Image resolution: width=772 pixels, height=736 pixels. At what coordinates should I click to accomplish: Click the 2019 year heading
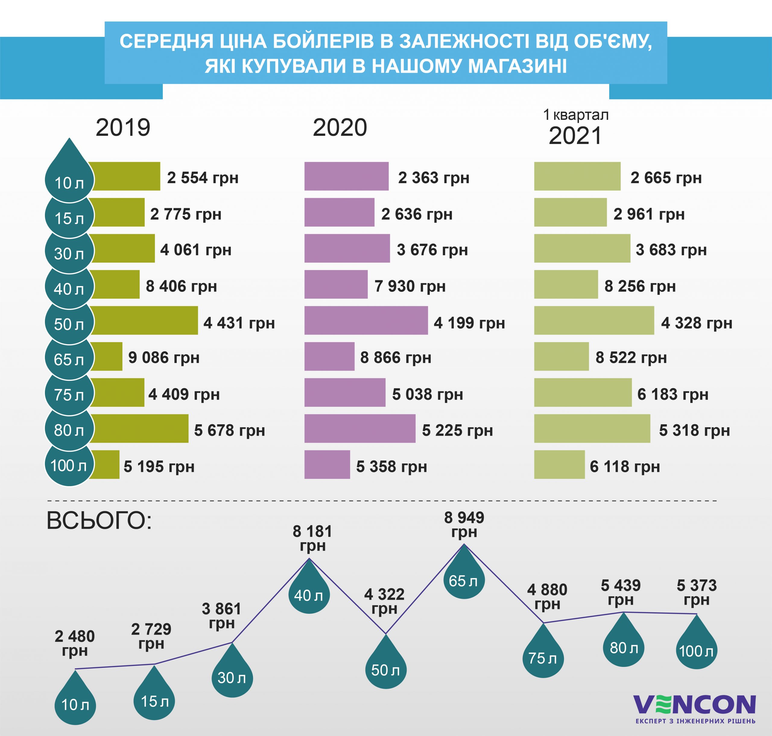coord(123,128)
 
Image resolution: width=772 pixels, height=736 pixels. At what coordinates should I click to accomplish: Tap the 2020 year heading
coord(340,128)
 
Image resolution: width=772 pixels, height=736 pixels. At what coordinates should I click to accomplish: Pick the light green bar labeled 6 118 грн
coord(559,464)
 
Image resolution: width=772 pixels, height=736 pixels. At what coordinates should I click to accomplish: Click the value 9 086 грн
coord(164,357)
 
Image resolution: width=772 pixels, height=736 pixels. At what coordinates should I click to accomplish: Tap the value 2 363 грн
coord(434,177)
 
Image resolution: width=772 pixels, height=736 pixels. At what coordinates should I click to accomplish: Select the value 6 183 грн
coord(673,394)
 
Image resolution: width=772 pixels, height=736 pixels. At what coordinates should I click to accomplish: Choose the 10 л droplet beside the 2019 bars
coord(69,179)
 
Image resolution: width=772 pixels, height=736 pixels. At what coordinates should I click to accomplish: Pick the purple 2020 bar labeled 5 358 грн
coord(327,464)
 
